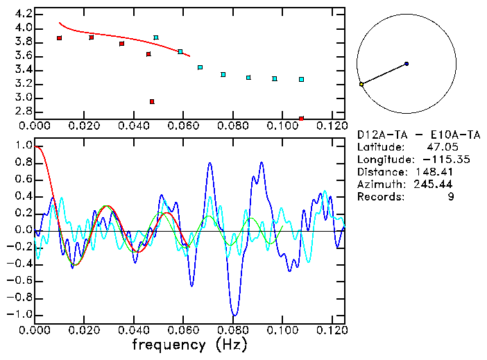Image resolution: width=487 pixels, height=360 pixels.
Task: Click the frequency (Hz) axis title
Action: [190, 344]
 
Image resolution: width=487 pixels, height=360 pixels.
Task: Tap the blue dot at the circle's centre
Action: [407, 64]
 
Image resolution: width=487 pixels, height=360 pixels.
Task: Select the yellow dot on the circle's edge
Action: [361, 84]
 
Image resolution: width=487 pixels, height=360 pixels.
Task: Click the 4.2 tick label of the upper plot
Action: [22, 14]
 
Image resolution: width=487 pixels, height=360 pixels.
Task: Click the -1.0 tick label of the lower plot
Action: [19, 314]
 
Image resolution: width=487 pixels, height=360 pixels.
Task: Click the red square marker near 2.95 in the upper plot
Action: [152, 102]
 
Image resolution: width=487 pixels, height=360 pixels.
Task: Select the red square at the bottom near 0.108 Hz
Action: [301, 119]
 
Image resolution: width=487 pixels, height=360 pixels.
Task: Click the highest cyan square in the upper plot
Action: [156, 37]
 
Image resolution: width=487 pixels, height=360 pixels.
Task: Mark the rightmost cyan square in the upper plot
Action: [301, 80]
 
